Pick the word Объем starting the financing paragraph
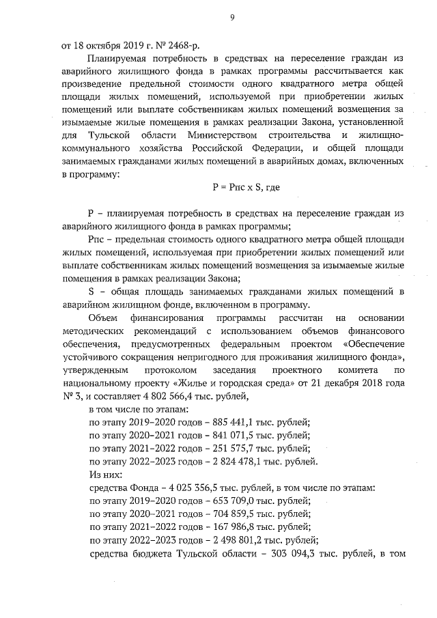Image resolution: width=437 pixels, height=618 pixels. (104, 318)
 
